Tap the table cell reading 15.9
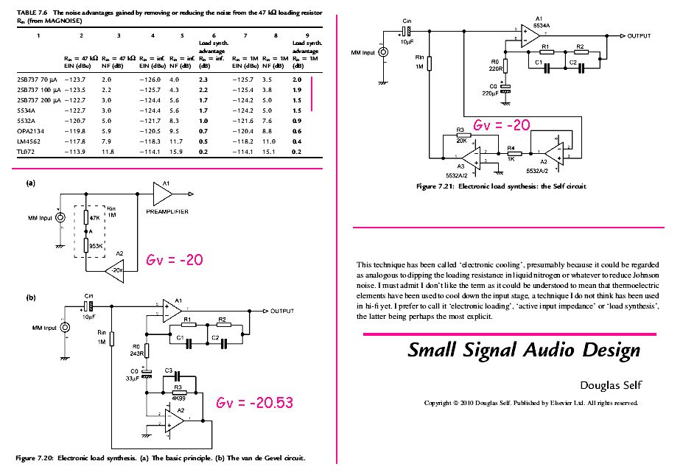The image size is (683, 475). (x=175, y=151)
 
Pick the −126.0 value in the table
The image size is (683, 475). (x=150, y=78)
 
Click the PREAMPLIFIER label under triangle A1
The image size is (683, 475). (x=167, y=211)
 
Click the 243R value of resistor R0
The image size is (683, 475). (x=135, y=353)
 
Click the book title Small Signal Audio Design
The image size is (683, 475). (x=524, y=351)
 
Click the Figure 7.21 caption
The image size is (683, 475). (x=501, y=187)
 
